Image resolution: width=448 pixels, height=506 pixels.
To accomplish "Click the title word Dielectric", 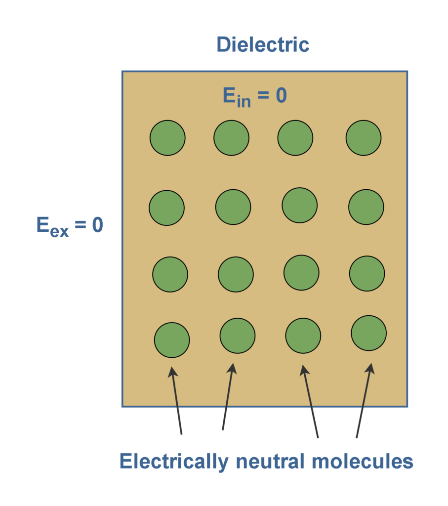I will click(x=263, y=44).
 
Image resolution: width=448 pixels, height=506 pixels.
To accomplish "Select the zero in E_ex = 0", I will click(x=97, y=225).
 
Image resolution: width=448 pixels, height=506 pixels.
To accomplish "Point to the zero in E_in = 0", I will click(x=281, y=95).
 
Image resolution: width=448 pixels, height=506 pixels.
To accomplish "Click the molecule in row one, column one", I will click(x=167, y=138).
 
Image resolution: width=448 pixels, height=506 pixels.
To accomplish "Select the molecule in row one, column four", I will click(x=364, y=137).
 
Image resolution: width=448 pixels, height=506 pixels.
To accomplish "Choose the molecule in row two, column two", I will click(x=233, y=207).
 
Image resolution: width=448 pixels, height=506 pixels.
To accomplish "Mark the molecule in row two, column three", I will click(x=300, y=205).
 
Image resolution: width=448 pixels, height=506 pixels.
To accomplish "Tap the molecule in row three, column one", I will click(x=170, y=274).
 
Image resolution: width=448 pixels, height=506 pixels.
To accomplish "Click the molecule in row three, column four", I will click(x=367, y=273).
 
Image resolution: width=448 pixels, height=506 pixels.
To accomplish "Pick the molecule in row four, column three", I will click(x=303, y=336).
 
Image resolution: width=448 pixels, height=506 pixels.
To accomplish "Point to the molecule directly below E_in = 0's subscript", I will click(x=231, y=137).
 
